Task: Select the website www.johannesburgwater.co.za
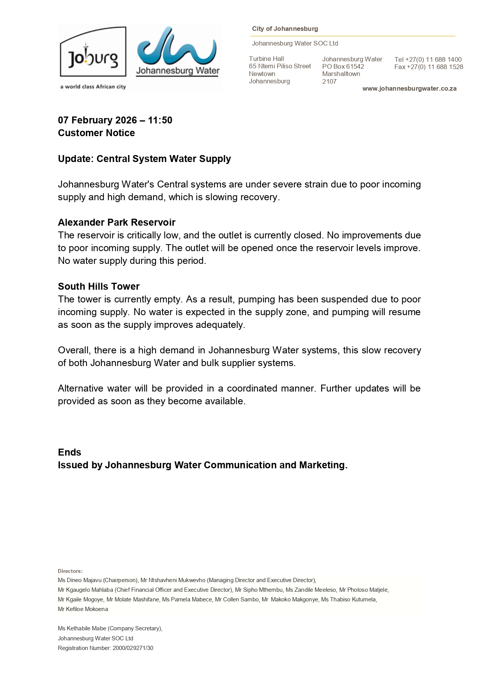(x=409, y=89)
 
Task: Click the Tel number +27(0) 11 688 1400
(x=428, y=59)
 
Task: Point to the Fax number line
(x=428, y=67)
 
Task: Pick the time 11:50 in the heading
(x=160, y=120)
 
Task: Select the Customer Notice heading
(x=96, y=133)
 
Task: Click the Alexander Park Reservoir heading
(x=117, y=223)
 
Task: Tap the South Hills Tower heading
(x=99, y=287)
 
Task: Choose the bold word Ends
(x=69, y=452)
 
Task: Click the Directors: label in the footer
(x=70, y=571)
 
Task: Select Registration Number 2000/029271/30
(x=105, y=648)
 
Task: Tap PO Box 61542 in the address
(x=343, y=67)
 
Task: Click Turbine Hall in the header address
(x=266, y=59)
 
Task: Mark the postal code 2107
(x=329, y=82)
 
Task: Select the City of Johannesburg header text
(x=285, y=29)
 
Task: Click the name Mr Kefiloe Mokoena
(x=83, y=609)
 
